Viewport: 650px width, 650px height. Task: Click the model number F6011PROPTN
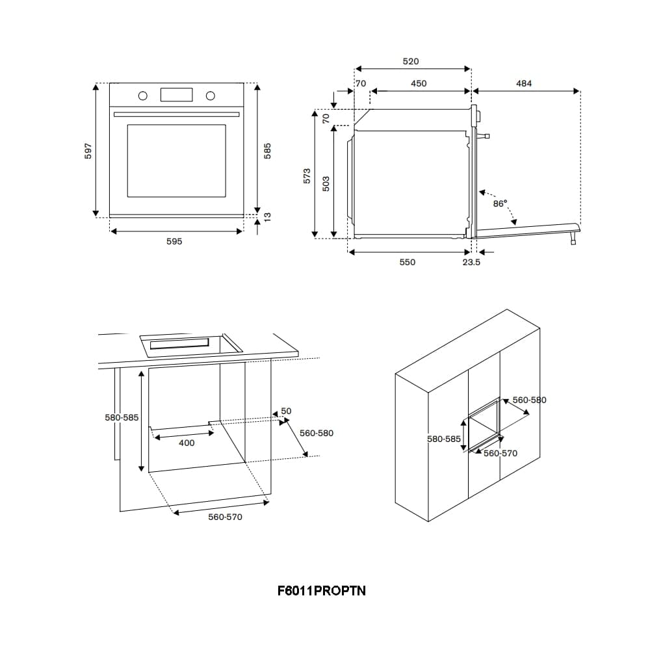click(321, 591)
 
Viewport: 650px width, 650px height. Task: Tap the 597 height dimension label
click(89, 150)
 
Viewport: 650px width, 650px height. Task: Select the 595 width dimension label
click(174, 241)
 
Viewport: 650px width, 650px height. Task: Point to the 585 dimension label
click(267, 150)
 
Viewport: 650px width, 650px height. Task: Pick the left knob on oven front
click(142, 96)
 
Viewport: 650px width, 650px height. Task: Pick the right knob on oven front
click(210, 96)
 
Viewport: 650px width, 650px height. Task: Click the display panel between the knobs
click(177, 95)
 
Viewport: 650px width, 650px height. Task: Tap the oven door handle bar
click(177, 114)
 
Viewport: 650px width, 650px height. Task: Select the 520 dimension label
click(411, 61)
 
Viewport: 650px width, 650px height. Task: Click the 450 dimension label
click(419, 83)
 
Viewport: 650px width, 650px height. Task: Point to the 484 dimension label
click(524, 83)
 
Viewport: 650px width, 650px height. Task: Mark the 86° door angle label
click(500, 203)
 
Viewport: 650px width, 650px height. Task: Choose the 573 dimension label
click(307, 175)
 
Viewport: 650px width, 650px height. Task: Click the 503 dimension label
click(326, 183)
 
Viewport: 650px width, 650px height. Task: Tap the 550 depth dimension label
click(407, 262)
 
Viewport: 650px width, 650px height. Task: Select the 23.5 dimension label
click(471, 262)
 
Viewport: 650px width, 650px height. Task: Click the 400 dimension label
click(187, 443)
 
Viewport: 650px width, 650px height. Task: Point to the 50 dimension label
click(286, 411)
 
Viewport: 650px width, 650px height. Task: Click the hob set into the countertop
click(190, 343)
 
